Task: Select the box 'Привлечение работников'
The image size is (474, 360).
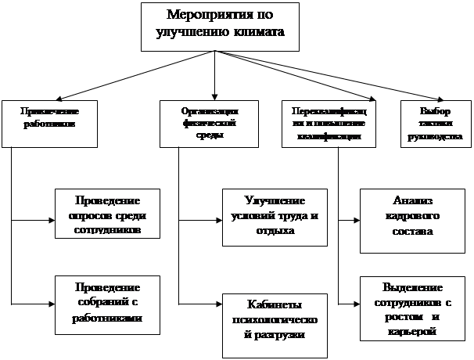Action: pos(38,124)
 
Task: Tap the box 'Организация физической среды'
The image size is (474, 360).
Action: pos(199,124)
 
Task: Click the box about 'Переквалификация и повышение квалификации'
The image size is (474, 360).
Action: pos(328,124)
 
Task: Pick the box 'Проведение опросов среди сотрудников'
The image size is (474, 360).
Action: pos(107,213)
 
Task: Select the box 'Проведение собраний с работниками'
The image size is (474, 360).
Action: pos(107,301)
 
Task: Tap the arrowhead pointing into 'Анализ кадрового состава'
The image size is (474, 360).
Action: pos(355,221)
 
